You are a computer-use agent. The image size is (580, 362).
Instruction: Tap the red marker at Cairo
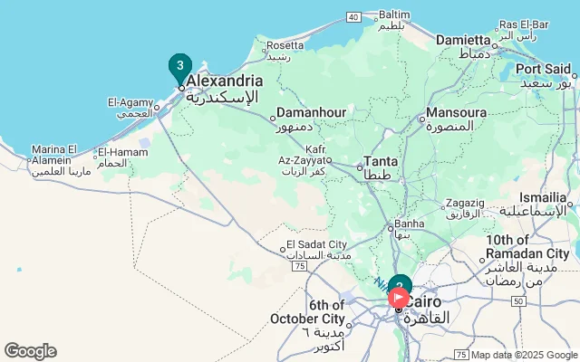coord(399,296)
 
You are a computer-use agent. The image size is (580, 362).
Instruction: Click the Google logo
coord(30,351)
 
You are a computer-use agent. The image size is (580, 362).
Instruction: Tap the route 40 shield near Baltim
coord(353,16)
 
